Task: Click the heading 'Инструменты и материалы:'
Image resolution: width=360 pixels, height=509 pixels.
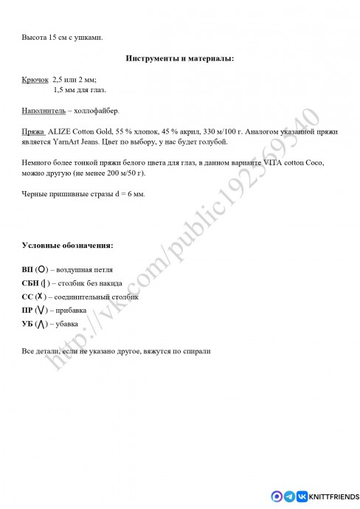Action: pos(180,58)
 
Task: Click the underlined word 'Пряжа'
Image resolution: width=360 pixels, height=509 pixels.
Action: pos(33,131)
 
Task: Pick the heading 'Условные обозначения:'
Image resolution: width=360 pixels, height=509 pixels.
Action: pos(68,244)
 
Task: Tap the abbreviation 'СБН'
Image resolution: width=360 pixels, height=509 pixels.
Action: pos(32,283)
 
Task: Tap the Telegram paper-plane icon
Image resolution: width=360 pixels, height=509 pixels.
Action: pos(289,496)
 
